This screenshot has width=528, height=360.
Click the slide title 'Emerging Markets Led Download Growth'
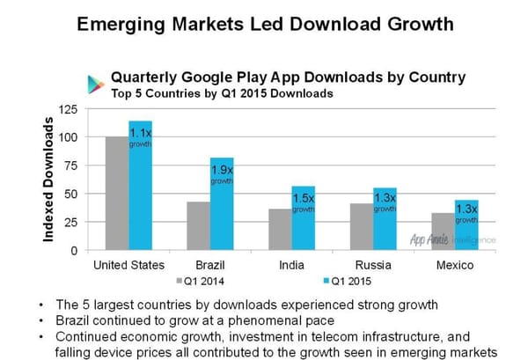(264, 24)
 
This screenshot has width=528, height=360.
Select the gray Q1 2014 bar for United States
(116, 194)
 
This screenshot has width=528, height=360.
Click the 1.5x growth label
(303, 204)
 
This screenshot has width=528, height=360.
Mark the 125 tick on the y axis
(68, 109)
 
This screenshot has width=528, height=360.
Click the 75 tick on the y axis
(70, 166)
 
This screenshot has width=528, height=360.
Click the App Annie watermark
(452, 239)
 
